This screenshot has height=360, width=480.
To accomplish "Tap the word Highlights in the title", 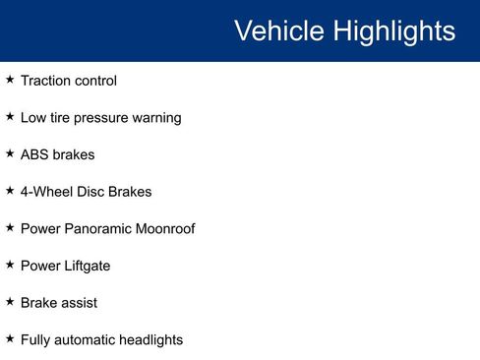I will click(393, 31).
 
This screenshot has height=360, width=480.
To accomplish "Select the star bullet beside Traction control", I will click(10, 79).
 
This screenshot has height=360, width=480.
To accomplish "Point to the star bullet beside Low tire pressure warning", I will click(10, 116).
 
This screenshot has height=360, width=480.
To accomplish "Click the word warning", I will click(157, 118).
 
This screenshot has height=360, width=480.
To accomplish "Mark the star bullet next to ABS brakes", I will click(10, 152).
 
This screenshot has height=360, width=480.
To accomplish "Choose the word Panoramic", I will click(99, 229).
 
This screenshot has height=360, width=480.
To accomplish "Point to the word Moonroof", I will click(166, 229).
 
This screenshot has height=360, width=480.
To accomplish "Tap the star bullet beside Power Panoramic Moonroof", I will click(10, 227).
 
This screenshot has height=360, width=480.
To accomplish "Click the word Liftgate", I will click(87, 266).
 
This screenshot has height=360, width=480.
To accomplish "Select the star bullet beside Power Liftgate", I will click(10, 264).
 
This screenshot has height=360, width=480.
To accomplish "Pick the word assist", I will click(79, 303).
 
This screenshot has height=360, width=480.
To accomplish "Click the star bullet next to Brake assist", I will click(10, 301).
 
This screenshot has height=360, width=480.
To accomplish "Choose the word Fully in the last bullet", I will click(35, 340).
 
